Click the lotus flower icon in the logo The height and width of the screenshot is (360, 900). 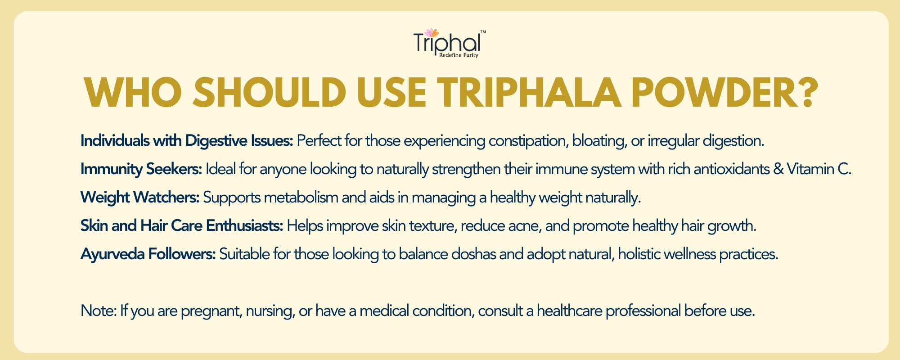(432, 32)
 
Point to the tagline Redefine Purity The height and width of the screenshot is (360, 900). (459, 55)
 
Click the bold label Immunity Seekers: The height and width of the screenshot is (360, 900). (141, 170)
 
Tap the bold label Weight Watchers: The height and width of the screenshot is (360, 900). (140, 198)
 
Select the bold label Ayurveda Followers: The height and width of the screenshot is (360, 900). (148, 254)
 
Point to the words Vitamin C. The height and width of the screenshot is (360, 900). (819, 169)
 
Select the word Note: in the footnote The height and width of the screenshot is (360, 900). (99, 310)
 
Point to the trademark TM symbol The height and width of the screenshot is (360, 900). (483, 32)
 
